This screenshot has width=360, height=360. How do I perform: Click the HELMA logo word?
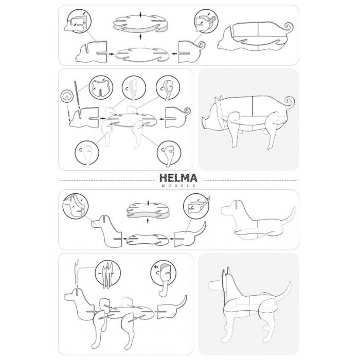pos(178,178)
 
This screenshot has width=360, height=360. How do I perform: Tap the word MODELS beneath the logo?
pos(178,186)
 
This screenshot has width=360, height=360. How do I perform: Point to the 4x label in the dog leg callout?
pos(156,267)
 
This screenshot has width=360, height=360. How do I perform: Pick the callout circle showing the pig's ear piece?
pos(101,87)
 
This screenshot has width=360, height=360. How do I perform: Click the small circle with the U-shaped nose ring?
pos(67,96)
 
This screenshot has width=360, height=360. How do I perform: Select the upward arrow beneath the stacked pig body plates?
pos(140,37)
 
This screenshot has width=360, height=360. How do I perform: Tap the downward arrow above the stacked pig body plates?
pos(141,14)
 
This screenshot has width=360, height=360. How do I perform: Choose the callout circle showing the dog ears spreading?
pos(107,273)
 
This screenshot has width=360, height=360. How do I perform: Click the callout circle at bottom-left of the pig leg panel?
pos(87,153)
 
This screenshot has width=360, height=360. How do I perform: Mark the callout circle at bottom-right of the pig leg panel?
pos(169,153)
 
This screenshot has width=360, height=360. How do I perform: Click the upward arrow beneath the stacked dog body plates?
pos(148,221)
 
